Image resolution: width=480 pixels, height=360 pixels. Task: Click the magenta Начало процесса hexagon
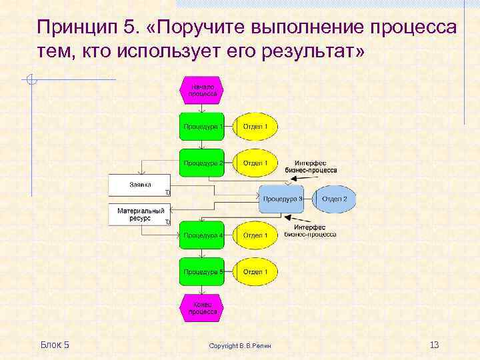click(201, 90)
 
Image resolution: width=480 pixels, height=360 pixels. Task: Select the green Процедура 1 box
click(201, 127)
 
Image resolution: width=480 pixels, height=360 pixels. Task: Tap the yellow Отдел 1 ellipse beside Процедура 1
click(255, 127)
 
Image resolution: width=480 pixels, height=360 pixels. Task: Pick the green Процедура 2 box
click(201, 163)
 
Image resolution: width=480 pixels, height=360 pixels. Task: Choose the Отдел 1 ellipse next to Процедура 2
click(255, 163)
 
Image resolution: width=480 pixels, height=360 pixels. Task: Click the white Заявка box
click(140, 185)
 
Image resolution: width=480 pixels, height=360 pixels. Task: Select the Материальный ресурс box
click(140, 214)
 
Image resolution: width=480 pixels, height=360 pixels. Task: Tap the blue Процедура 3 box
click(281, 199)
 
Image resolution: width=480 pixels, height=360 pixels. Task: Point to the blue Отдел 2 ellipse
click(334, 199)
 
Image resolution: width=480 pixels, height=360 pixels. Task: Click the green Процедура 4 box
click(201, 235)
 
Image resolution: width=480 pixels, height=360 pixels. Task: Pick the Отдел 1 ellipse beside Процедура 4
click(255, 235)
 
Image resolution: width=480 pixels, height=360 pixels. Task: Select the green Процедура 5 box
click(201, 271)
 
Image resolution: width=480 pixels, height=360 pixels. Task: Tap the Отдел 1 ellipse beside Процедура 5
click(255, 271)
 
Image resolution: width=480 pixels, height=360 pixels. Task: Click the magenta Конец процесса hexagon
click(201, 307)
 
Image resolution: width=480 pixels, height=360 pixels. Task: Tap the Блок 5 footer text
click(55, 344)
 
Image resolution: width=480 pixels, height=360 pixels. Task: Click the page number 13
click(434, 344)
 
